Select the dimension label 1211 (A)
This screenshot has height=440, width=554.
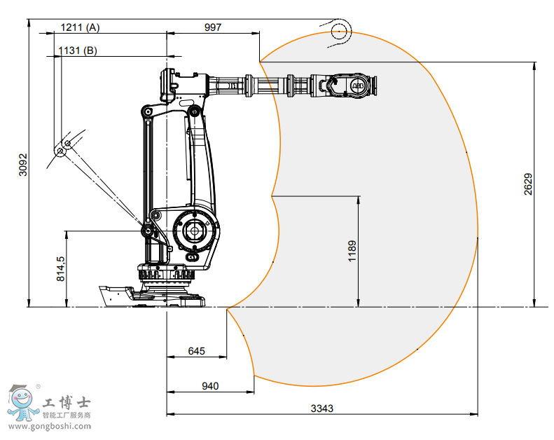point(80,27)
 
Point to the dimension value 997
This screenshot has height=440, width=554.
point(212,27)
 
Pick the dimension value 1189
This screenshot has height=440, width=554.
point(352,251)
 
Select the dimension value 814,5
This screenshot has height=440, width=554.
point(60,268)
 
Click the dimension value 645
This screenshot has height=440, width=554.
point(196,351)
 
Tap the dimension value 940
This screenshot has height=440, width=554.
point(210,385)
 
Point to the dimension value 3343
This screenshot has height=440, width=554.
point(321,408)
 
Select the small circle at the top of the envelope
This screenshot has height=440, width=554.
point(340,29)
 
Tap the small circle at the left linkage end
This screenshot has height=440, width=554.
point(62,150)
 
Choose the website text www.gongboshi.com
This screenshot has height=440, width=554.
point(50,426)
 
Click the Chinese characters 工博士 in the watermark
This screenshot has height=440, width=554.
point(67,403)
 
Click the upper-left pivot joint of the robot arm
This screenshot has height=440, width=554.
point(146,111)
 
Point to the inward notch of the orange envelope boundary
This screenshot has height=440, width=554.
point(272,195)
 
